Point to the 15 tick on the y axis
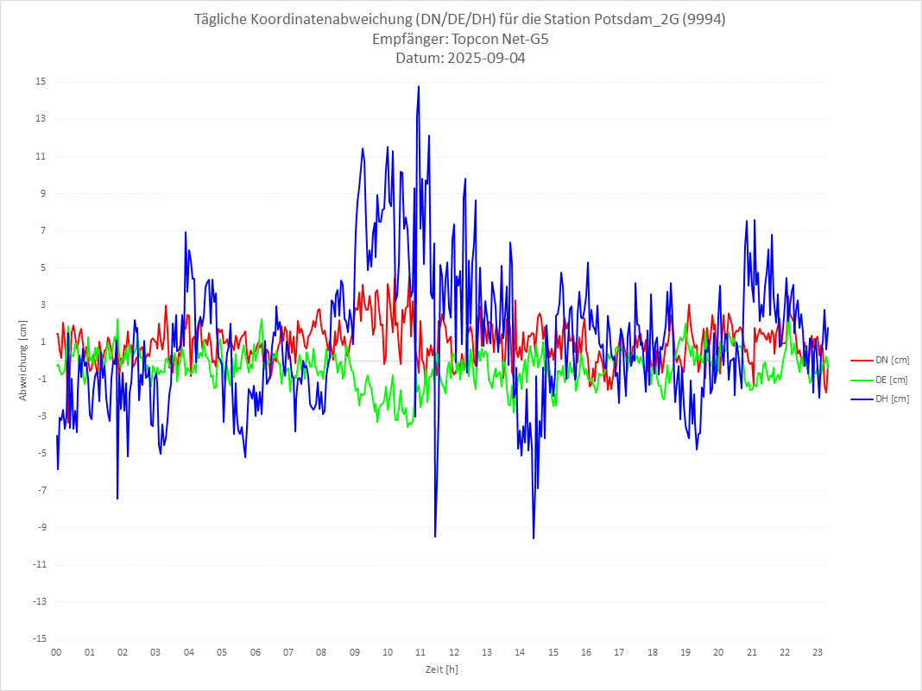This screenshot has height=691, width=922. pyautogui.click(x=41, y=82)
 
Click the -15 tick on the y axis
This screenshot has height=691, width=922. pyautogui.click(x=39, y=639)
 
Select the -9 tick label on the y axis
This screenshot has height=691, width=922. pyautogui.click(x=41, y=528)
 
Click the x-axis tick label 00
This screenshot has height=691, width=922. pyautogui.click(x=56, y=652)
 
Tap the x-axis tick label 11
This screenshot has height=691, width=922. pyautogui.click(x=420, y=652)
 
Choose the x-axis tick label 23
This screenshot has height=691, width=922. pyautogui.click(x=818, y=652)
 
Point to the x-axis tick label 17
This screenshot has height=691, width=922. pyautogui.click(x=619, y=652)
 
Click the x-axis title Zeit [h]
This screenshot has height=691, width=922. pyautogui.click(x=441, y=669)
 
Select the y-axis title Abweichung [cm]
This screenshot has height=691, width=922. pyautogui.click(x=23, y=360)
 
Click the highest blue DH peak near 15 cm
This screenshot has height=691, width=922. pyautogui.click(x=419, y=86)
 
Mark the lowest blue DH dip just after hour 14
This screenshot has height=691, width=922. pyautogui.click(x=534, y=537)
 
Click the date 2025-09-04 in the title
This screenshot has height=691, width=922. pyautogui.click(x=488, y=59)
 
